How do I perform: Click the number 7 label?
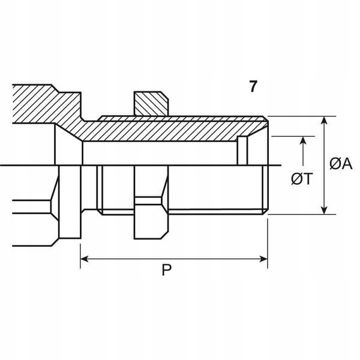pyautogui.click(x=253, y=86)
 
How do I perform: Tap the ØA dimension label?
pyautogui.click(x=340, y=163)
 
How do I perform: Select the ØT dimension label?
pyautogui.click(x=301, y=179)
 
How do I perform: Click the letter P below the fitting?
pyautogui.click(x=166, y=271)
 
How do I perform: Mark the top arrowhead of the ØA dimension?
pyautogui.click(x=325, y=121)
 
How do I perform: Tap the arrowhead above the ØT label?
pyautogui.click(x=305, y=140)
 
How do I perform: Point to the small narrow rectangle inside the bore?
pyautogui.click(x=242, y=151)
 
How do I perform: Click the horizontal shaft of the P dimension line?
pyautogui.click(x=174, y=259)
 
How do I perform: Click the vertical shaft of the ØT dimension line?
pyautogui.click(x=305, y=156)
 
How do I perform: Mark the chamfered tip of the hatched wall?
pyautogui.click(x=263, y=125)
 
